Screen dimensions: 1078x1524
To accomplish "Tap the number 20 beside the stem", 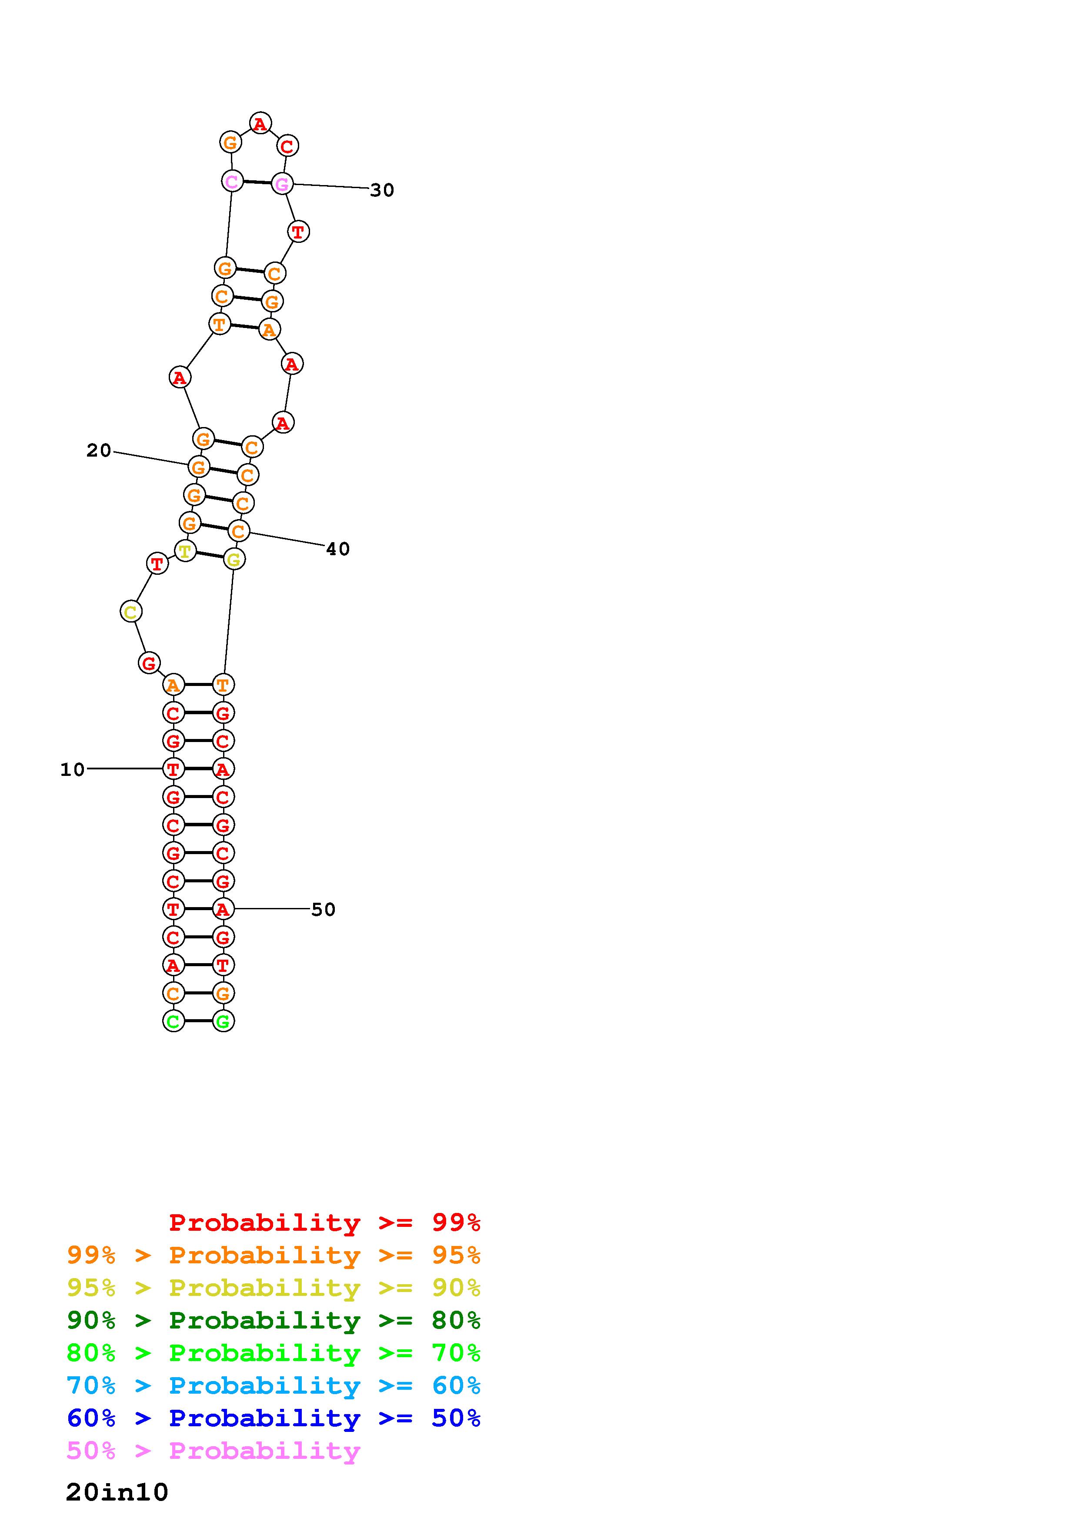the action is pyautogui.click(x=99, y=451).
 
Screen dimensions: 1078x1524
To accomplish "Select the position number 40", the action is pyautogui.click(x=337, y=549).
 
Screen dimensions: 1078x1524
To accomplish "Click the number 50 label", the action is pyautogui.click(x=324, y=909).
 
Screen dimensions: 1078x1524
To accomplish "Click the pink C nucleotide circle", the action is pyautogui.click(x=232, y=181).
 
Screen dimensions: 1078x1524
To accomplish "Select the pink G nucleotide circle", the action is pyautogui.click(x=282, y=183).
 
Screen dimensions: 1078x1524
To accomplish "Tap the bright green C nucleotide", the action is pyautogui.click(x=174, y=1021).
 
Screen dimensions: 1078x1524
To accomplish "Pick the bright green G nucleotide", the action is pyautogui.click(x=223, y=1021).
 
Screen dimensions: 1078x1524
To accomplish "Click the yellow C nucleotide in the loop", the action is pyautogui.click(x=131, y=611).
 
